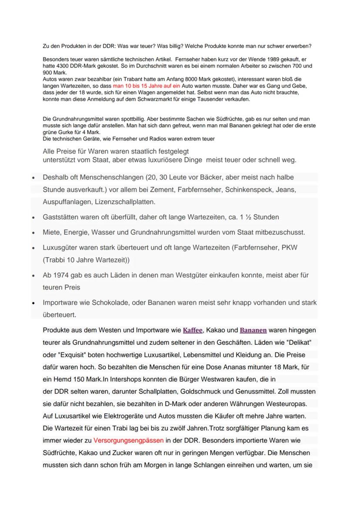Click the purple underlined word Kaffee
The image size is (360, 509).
tap(193, 330)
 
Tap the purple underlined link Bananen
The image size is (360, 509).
tap(253, 330)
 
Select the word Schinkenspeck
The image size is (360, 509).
tap(246, 190)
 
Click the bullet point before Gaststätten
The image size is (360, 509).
tap(33, 217)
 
